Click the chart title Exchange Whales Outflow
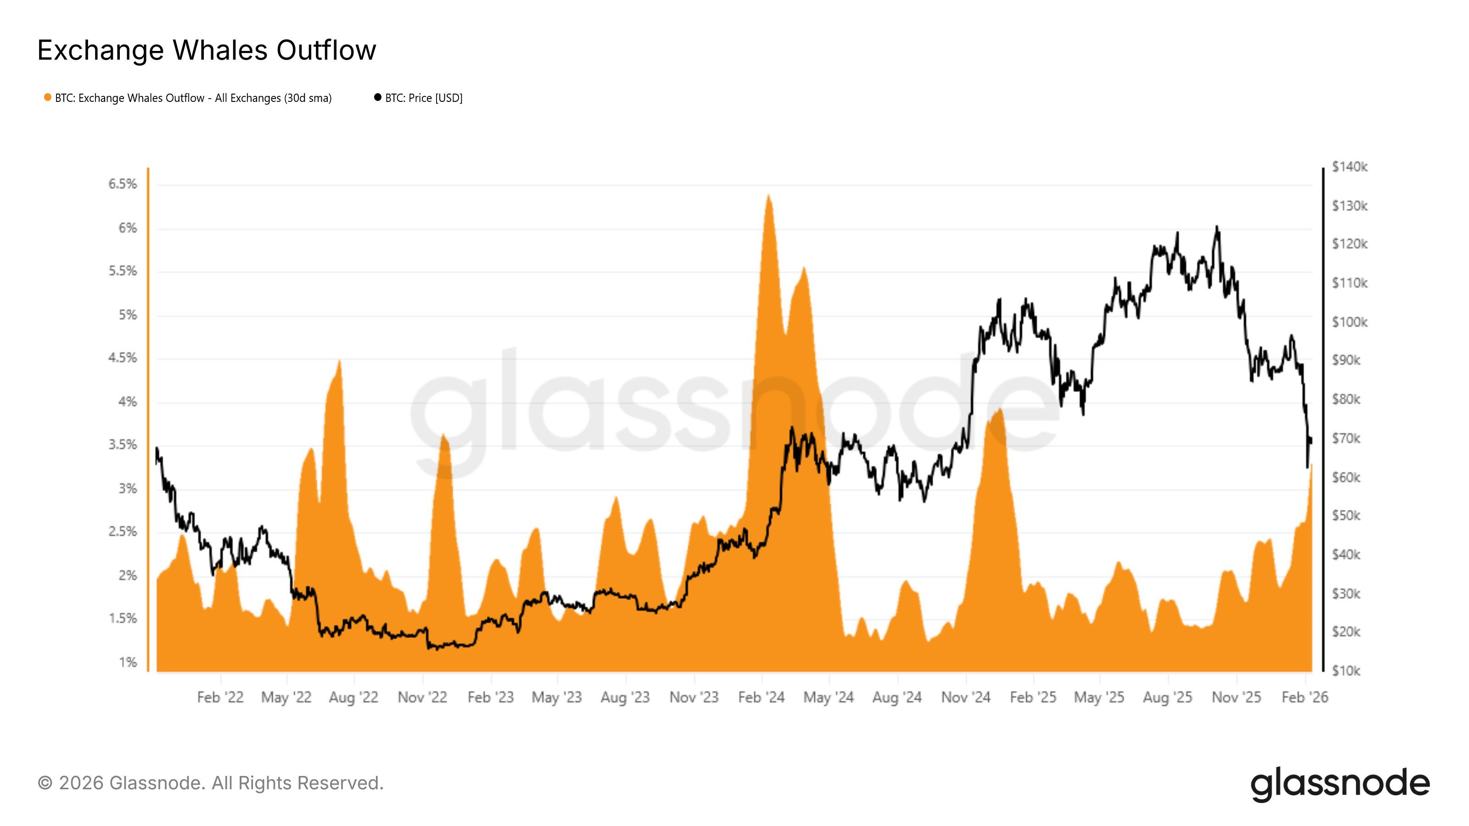pyautogui.click(x=207, y=50)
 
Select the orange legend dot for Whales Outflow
pyautogui.click(x=48, y=97)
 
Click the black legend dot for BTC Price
pyautogui.click(x=377, y=97)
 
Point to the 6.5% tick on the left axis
pyautogui.click(x=123, y=184)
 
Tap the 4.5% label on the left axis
pyautogui.click(x=123, y=358)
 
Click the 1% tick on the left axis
pyautogui.click(x=128, y=662)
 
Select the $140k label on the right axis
pyautogui.click(x=1349, y=167)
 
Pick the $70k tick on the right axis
pyautogui.click(x=1346, y=438)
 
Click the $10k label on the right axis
pyautogui.click(x=1346, y=671)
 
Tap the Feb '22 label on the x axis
pyautogui.click(x=220, y=697)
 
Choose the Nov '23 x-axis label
pyautogui.click(x=694, y=697)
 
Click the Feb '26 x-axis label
pyautogui.click(x=1304, y=697)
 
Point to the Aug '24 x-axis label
pyautogui.click(x=897, y=697)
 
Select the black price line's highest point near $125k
pyautogui.click(x=1217, y=227)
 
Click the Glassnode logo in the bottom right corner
pyautogui.click(x=1340, y=784)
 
